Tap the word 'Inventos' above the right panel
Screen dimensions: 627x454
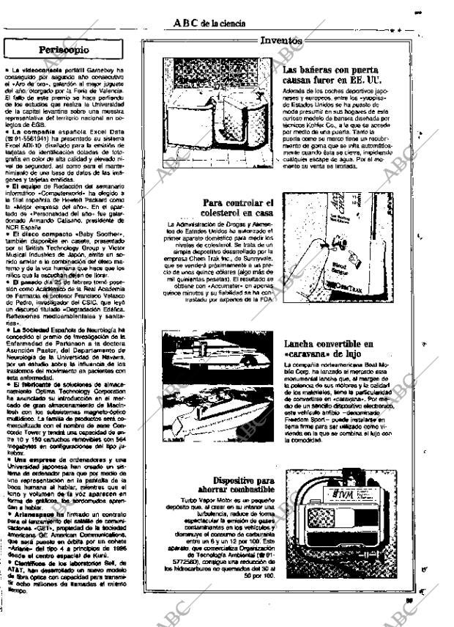(281, 42)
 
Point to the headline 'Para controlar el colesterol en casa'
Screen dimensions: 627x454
(237, 209)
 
